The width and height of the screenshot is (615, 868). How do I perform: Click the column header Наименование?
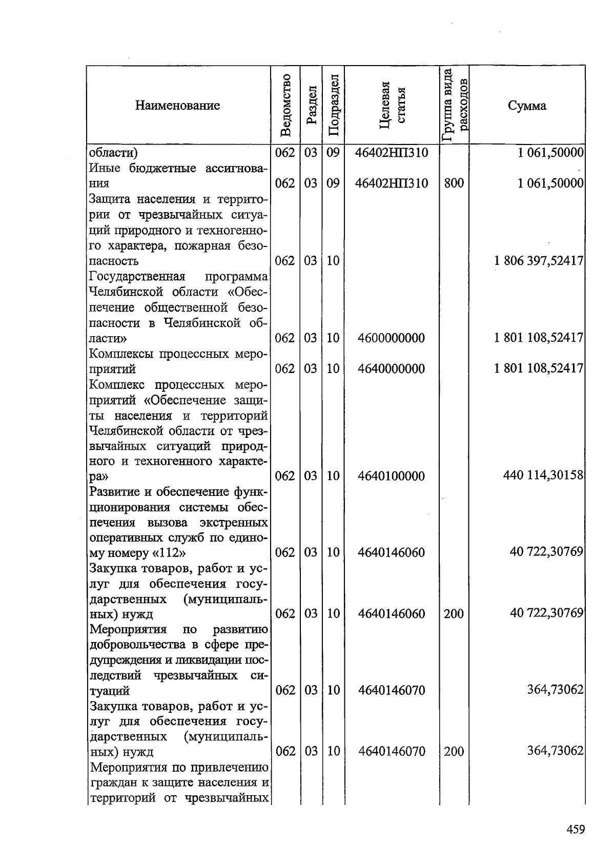pyautogui.click(x=177, y=106)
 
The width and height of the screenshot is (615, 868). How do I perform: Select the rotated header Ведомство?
pyautogui.click(x=286, y=106)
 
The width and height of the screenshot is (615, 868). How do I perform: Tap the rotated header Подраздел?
pyautogui.click(x=334, y=106)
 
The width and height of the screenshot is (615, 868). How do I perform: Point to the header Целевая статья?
pyautogui.click(x=392, y=106)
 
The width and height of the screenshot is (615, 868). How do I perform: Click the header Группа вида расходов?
pyautogui.click(x=455, y=106)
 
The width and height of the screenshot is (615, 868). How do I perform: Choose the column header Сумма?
pyautogui.click(x=527, y=106)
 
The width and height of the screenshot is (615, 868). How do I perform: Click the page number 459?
pyautogui.click(x=576, y=829)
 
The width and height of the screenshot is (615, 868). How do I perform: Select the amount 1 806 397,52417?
pyautogui.click(x=539, y=261)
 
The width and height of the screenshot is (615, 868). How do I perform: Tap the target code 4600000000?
pyautogui.click(x=392, y=338)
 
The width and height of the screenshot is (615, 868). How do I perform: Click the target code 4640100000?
pyautogui.click(x=392, y=476)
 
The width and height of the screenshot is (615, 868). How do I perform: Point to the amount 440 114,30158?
pyautogui.click(x=544, y=476)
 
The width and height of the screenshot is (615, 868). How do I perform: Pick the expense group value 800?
pyautogui.click(x=454, y=183)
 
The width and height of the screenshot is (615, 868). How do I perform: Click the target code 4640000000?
pyautogui.click(x=392, y=369)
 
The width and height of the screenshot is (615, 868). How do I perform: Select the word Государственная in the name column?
pyautogui.click(x=137, y=277)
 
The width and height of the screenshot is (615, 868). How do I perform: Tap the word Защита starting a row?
pyautogui.click(x=110, y=199)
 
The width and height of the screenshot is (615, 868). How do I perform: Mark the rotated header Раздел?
pyautogui.click(x=311, y=106)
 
